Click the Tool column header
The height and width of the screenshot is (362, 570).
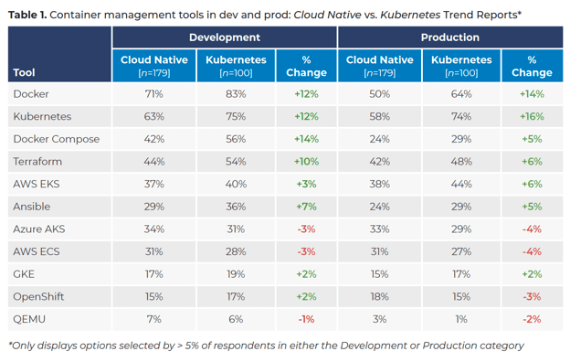click(25, 72)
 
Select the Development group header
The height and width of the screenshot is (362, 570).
click(224, 37)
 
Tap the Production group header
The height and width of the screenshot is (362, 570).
click(449, 37)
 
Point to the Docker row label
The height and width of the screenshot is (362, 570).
click(31, 94)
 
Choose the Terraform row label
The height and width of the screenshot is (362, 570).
click(37, 161)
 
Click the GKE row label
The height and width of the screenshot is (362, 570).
click(24, 273)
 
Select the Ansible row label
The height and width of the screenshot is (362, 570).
click(33, 207)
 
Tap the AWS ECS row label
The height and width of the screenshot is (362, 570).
click(36, 251)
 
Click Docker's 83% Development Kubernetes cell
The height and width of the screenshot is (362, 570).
click(236, 94)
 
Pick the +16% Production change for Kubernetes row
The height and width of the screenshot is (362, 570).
click(531, 117)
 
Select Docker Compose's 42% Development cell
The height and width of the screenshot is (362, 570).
click(154, 139)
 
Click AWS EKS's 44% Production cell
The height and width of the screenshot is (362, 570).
click(460, 184)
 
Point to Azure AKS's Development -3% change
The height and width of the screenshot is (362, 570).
click(306, 229)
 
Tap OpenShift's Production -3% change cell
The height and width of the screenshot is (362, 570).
click(531, 296)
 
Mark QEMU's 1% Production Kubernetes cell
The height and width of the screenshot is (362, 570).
click(460, 318)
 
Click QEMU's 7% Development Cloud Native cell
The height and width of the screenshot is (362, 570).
click(154, 318)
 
